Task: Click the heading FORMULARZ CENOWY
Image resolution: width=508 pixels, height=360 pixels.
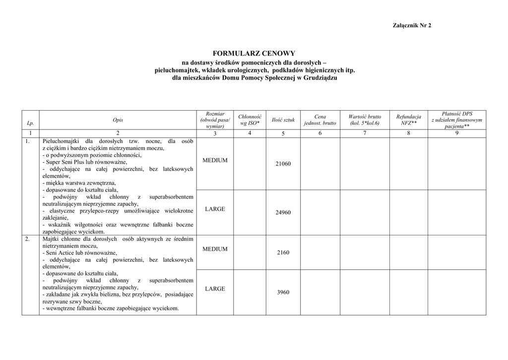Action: (x=254, y=53)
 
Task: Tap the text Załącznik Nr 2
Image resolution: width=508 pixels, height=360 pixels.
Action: (x=412, y=25)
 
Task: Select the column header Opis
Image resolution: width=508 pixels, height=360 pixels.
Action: (x=118, y=120)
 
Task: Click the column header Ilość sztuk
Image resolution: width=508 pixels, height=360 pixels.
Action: (x=283, y=120)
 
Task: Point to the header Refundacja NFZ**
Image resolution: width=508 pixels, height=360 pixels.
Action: (x=408, y=120)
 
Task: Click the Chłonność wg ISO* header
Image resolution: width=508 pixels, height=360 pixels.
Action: (x=250, y=120)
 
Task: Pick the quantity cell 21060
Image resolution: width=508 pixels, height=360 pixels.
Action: (x=283, y=164)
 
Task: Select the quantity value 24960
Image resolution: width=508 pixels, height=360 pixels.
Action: (x=283, y=213)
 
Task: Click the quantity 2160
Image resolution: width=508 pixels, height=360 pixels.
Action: (x=283, y=253)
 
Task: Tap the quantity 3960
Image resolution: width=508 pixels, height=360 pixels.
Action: (x=283, y=292)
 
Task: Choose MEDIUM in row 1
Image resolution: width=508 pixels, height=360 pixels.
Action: (x=215, y=160)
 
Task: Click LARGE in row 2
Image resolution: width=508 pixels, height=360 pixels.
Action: (x=215, y=288)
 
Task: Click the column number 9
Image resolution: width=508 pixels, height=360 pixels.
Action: (x=456, y=133)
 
